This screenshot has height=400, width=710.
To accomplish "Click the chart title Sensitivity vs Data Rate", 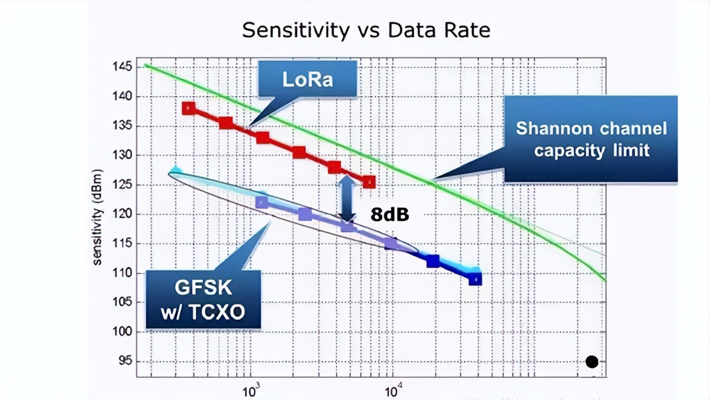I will point(366,30).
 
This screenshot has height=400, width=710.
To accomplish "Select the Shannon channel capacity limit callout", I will point(591,139).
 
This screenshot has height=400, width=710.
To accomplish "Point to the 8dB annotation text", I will point(390,215).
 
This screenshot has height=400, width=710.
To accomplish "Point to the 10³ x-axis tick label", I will point(251,391).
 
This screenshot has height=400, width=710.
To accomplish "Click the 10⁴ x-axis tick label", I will point(393,391).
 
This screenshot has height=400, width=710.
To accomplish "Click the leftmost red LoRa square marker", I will point(189,108).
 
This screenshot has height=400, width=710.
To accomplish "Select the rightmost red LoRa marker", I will point(369,182).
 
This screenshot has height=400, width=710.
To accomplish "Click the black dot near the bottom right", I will point(592,362).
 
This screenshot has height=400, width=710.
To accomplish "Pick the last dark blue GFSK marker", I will point(475,278).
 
